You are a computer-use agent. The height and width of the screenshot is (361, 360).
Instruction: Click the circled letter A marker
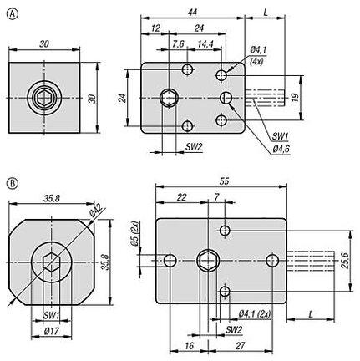point(13,14)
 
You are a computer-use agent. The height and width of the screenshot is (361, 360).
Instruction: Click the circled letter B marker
point(13,183)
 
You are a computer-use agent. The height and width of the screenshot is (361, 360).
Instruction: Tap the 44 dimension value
point(192,13)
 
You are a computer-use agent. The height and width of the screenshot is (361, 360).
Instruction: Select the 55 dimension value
point(224,181)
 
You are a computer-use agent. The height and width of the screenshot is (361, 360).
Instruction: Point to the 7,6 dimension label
point(178,43)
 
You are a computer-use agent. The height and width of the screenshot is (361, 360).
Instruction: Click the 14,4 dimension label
point(205,43)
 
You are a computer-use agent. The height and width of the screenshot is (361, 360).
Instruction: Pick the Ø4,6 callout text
point(281,150)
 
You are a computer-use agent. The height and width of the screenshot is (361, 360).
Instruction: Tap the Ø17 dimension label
point(52,331)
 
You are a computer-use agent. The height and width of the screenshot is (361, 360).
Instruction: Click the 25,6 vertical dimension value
point(345,261)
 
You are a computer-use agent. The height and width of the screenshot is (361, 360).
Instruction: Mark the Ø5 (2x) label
point(135,233)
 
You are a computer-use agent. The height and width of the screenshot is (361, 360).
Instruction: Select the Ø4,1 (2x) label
point(255,314)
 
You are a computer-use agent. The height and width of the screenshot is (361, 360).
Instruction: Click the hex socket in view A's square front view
point(44,98)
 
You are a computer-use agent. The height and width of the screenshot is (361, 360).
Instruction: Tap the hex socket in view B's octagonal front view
point(52,262)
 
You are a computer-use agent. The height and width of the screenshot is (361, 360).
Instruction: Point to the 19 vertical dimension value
point(296,97)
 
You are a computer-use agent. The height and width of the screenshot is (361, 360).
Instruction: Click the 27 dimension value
point(240,346)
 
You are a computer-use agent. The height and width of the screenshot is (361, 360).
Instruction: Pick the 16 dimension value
point(189,346)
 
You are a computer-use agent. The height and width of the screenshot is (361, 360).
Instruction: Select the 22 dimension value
point(181,197)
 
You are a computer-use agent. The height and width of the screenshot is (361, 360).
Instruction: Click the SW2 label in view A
point(194,147)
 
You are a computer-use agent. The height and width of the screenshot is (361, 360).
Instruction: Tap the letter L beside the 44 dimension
point(266,13)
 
